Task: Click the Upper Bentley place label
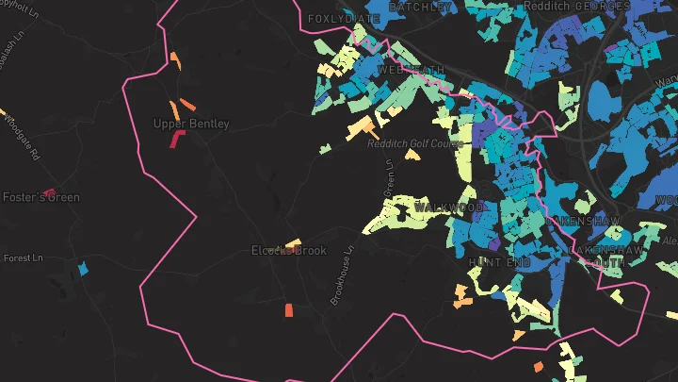coord(185,123)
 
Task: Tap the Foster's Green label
coord(41,197)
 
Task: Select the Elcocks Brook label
coord(288,250)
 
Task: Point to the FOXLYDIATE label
coord(344,18)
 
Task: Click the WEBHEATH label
coord(408,70)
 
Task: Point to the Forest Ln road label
coord(24,257)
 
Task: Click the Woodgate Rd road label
coord(18,136)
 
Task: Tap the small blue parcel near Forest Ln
coord(83,269)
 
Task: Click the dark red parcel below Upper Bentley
coord(176,139)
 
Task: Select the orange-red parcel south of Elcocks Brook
coord(289,309)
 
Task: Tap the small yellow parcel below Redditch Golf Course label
coord(412,155)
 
